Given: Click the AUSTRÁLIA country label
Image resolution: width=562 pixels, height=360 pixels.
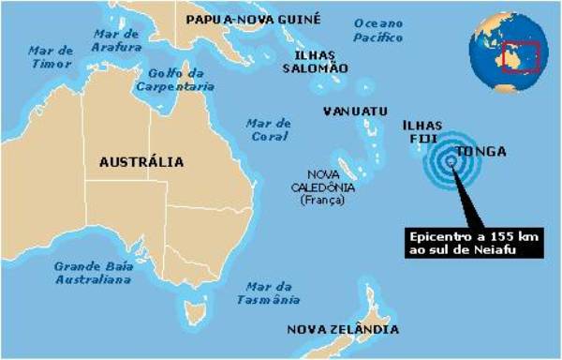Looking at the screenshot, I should coord(141,162).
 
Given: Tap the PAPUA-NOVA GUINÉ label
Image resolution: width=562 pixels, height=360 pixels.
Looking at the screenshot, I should coord(253,19).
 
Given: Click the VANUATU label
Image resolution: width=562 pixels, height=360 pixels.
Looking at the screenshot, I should coord(355,111).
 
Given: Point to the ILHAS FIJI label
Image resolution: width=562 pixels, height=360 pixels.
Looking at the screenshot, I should coord(417,131).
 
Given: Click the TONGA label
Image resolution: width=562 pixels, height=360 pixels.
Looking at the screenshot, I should coord(480,152).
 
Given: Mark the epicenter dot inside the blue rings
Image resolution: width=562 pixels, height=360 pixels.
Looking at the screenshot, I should coord(451,161).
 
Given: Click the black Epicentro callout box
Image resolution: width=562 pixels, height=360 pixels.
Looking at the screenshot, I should coord(473,241).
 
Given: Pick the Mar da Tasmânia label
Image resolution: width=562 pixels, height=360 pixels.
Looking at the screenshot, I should coord(273,292).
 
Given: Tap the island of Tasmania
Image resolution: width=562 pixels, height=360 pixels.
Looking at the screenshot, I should coord(197,309).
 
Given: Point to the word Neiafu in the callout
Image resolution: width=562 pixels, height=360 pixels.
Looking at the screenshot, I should coord(512,247).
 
